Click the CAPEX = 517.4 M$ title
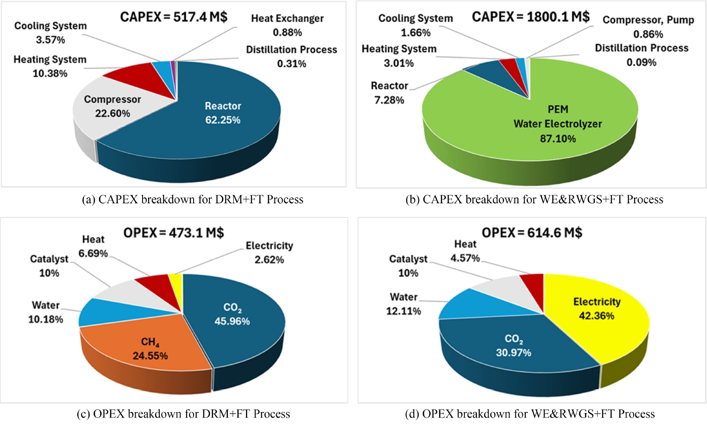(174, 16)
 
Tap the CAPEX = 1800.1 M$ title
(531, 16)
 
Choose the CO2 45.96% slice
(233, 317)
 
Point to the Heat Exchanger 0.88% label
(287, 25)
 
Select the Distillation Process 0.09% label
(641, 55)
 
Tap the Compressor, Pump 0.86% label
(648, 27)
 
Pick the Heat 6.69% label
(94, 246)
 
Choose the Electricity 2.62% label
(269, 252)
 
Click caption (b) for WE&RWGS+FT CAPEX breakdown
(530, 199)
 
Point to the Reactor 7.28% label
(390, 93)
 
